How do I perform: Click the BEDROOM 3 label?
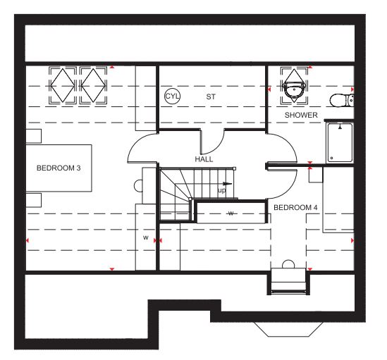[59, 168]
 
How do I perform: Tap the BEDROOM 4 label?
[295, 208]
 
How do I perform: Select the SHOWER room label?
[301, 115]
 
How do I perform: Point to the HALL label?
[204, 159]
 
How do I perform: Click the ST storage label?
[211, 97]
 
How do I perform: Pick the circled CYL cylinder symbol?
[172, 96]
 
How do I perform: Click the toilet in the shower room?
[342, 100]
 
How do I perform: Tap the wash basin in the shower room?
[294, 89]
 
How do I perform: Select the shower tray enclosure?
[340, 142]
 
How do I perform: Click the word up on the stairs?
[221, 190]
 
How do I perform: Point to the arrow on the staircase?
[227, 184]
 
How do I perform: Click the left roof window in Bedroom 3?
[63, 85]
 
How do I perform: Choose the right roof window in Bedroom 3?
[93, 85]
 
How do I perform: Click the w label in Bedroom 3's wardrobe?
[146, 237]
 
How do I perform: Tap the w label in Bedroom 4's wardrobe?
[231, 213]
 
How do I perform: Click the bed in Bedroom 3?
[59, 168]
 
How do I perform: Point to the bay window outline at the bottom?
[288, 330]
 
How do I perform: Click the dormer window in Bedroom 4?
[288, 281]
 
